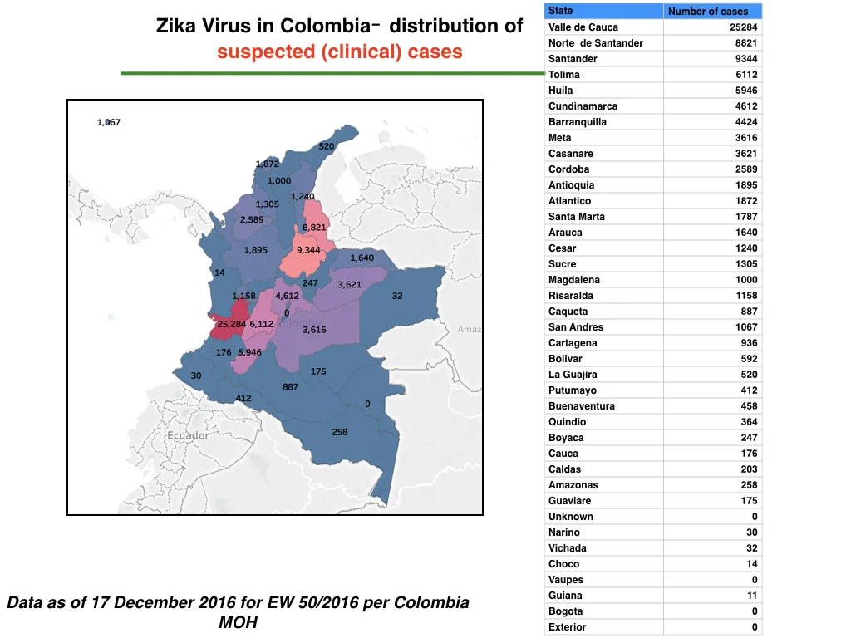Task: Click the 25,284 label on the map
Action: click(x=232, y=324)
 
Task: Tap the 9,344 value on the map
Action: click(x=308, y=250)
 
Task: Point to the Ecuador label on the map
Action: click(x=188, y=435)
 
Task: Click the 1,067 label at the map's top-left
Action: click(x=109, y=122)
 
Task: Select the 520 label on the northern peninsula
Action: click(x=326, y=146)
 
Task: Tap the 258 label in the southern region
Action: click(x=340, y=432)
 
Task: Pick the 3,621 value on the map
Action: click(x=350, y=284)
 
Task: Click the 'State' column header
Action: click(x=561, y=11)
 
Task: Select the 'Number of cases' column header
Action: click(x=708, y=12)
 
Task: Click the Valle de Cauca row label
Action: click(x=583, y=27)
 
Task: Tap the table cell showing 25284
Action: click(x=744, y=27)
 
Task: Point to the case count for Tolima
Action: click(x=746, y=74)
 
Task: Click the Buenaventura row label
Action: click(x=582, y=405)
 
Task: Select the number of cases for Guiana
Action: click(x=752, y=595)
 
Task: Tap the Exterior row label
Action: click(x=567, y=626)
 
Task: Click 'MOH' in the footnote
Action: click(x=239, y=622)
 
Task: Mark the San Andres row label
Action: click(x=576, y=327)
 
